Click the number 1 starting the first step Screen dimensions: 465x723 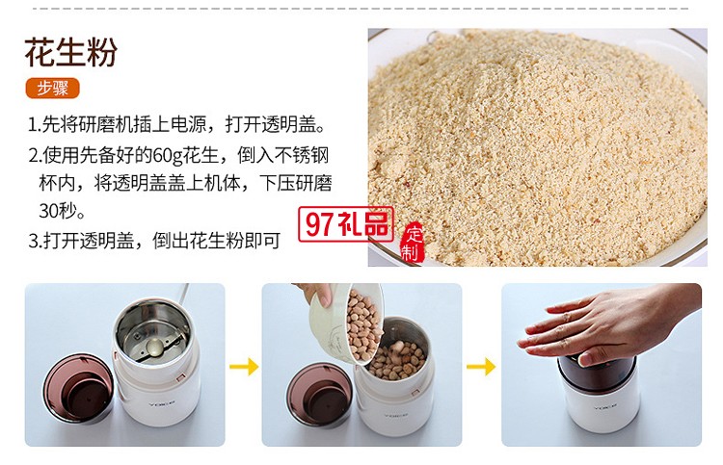point(32,125)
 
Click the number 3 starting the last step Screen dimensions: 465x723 point(32,241)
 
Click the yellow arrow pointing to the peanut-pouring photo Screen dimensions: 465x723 point(244,366)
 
